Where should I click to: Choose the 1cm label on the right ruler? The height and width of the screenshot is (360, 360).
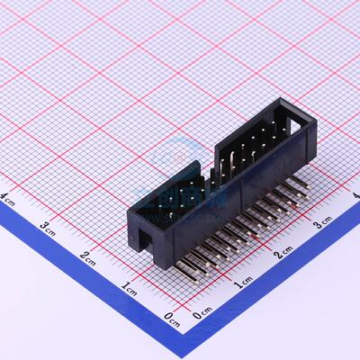tap(241, 285)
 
